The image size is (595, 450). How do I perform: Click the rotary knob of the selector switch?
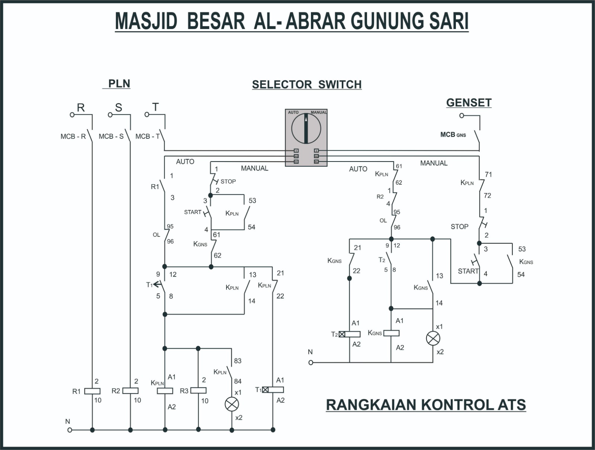pyautogui.click(x=306, y=129)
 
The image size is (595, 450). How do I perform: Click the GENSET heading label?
pyautogui.click(x=469, y=103)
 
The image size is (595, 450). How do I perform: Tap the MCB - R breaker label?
pyautogui.click(x=73, y=137)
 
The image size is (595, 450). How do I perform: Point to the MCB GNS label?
pyautogui.click(x=453, y=135)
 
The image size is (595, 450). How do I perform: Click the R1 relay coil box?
pyautogui.click(x=92, y=391)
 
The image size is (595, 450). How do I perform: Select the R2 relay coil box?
pyautogui.click(x=131, y=391)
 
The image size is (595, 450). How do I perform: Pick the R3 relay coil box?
pyautogui.click(x=198, y=391)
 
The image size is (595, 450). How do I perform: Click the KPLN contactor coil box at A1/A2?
pyautogui.click(x=165, y=391)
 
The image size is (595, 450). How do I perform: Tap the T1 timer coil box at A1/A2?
pyautogui.click(x=273, y=390)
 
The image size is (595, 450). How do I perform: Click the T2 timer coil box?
pyautogui.click(x=350, y=334)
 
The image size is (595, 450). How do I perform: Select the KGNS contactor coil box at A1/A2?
pyautogui.click(x=391, y=333)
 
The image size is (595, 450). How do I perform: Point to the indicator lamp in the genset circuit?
pyautogui.click(x=433, y=338)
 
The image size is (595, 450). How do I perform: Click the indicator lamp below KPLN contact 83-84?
pyautogui.click(x=232, y=405)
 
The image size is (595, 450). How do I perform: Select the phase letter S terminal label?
pyautogui.click(x=118, y=108)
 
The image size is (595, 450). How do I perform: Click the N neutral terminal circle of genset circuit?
pyautogui.click(x=311, y=363)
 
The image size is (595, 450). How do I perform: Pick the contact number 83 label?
pyautogui.click(x=238, y=361)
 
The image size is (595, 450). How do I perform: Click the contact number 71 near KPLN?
pyautogui.click(x=488, y=174)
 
